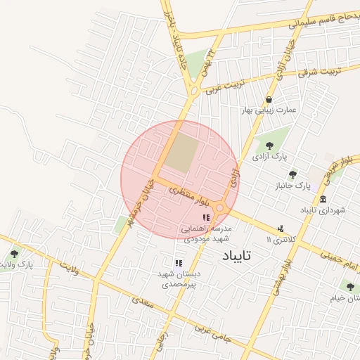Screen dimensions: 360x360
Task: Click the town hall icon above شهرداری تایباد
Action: click(x=323, y=199)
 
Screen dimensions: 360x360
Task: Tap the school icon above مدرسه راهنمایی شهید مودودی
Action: click(x=205, y=218)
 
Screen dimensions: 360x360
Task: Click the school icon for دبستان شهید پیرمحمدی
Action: click(x=178, y=262)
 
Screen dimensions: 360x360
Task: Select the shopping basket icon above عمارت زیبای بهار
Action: click(x=269, y=100)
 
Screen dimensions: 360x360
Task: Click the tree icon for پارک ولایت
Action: click(x=15, y=254)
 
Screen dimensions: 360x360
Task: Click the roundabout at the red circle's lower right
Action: click(x=220, y=207)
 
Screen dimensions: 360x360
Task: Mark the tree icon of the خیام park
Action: click(x=349, y=286)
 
